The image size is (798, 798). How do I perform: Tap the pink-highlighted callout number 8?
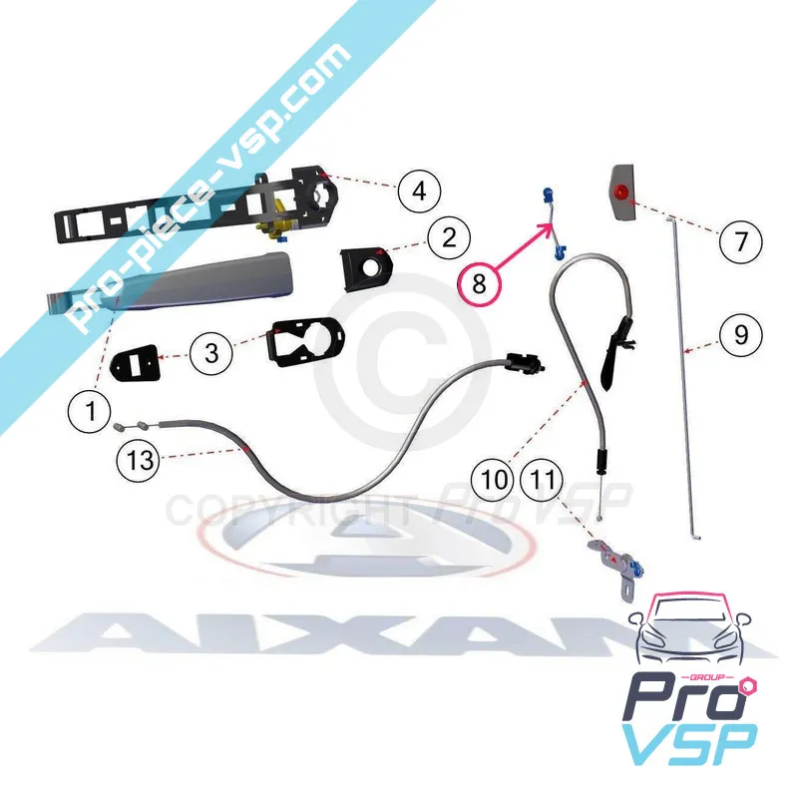480,284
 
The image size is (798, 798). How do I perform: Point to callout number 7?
740,240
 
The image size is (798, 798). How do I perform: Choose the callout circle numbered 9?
740,335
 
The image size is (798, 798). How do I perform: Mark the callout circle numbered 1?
92,408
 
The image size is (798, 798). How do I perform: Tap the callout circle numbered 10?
495,480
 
